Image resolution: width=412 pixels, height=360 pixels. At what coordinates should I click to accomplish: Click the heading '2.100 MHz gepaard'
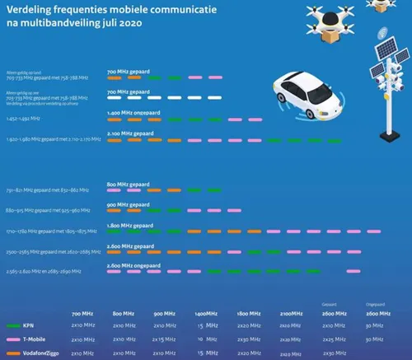coord(130,133)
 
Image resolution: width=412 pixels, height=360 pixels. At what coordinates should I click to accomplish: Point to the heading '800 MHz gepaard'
coord(129,184)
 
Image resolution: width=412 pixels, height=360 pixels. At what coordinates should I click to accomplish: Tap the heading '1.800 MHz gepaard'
coord(130,224)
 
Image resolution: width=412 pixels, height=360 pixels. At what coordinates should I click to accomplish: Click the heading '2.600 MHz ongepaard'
coord(133,264)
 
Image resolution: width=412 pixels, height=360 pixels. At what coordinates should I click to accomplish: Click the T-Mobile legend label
coord(41,339)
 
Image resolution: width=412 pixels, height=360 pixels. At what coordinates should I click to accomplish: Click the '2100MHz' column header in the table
coord(291,314)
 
